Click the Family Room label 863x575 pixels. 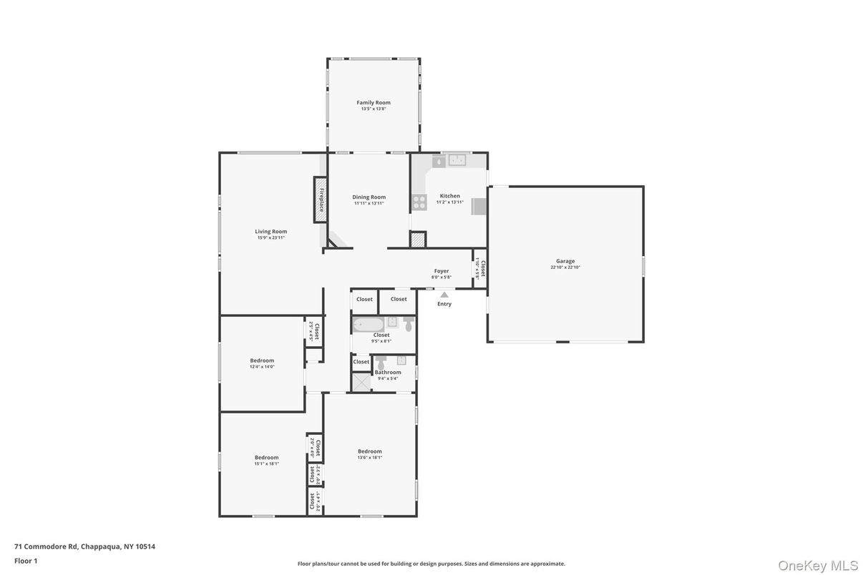click(374, 102)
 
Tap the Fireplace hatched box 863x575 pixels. click(321, 200)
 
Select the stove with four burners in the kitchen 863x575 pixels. click(419, 202)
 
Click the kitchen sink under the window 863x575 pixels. click(456, 161)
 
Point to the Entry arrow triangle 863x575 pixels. click(444, 294)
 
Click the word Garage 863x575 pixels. click(565, 261)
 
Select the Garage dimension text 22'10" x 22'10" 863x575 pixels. click(565, 267)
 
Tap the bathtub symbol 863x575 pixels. click(369, 325)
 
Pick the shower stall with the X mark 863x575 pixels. click(361, 383)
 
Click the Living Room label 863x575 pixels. click(271, 231)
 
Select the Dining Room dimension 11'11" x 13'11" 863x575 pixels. click(369, 203)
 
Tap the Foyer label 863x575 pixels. click(442, 271)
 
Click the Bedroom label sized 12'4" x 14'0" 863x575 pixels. click(262, 360)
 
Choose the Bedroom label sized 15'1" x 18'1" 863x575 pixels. click(266, 457)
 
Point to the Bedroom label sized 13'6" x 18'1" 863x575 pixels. click(370, 451)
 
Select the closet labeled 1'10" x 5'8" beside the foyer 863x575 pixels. click(481, 268)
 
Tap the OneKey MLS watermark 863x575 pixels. click(817, 566)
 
